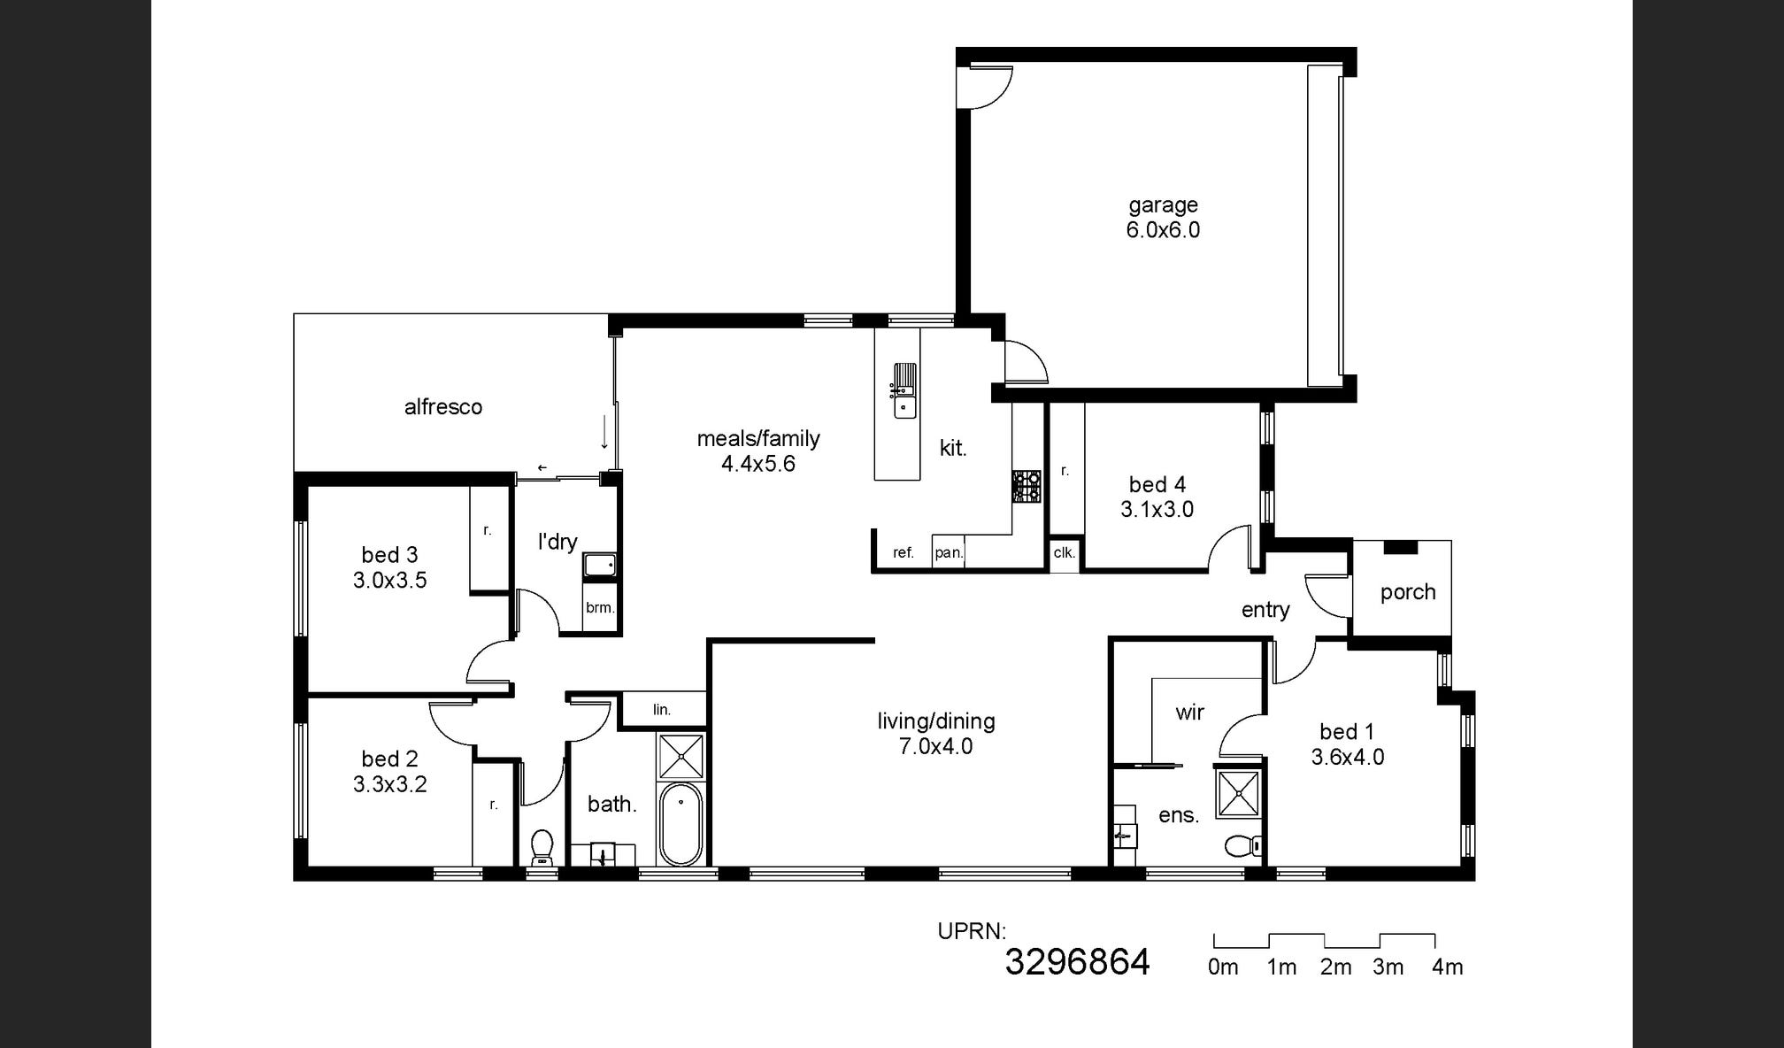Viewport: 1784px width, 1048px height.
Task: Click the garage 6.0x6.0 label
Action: point(1163,218)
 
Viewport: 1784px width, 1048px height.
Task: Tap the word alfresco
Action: point(443,407)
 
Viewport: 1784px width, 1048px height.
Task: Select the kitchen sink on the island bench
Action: point(904,390)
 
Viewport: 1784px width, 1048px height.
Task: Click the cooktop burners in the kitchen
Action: point(1027,486)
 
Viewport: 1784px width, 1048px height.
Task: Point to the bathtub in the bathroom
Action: point(681,823)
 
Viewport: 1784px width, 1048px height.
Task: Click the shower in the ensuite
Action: point(1238,794)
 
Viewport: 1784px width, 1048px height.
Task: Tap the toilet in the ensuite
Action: point(1244,847)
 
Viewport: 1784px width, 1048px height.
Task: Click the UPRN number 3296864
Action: point(1077,962)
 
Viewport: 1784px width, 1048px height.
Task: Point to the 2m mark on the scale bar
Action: point(1335,967)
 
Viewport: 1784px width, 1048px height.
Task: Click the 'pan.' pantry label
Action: point(948,553)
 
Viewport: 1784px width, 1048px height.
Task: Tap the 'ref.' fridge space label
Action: point(903,553)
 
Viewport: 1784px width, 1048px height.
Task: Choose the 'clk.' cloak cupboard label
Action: point(1064,553)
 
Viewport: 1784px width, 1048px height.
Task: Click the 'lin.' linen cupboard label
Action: point(662,710)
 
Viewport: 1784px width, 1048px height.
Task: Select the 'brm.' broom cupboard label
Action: point(600,608)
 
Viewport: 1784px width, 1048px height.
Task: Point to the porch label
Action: point(1407,592)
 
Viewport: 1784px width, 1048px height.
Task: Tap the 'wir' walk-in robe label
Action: point(1189,713)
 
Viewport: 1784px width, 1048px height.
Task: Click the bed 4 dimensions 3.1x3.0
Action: point(1157,510)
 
